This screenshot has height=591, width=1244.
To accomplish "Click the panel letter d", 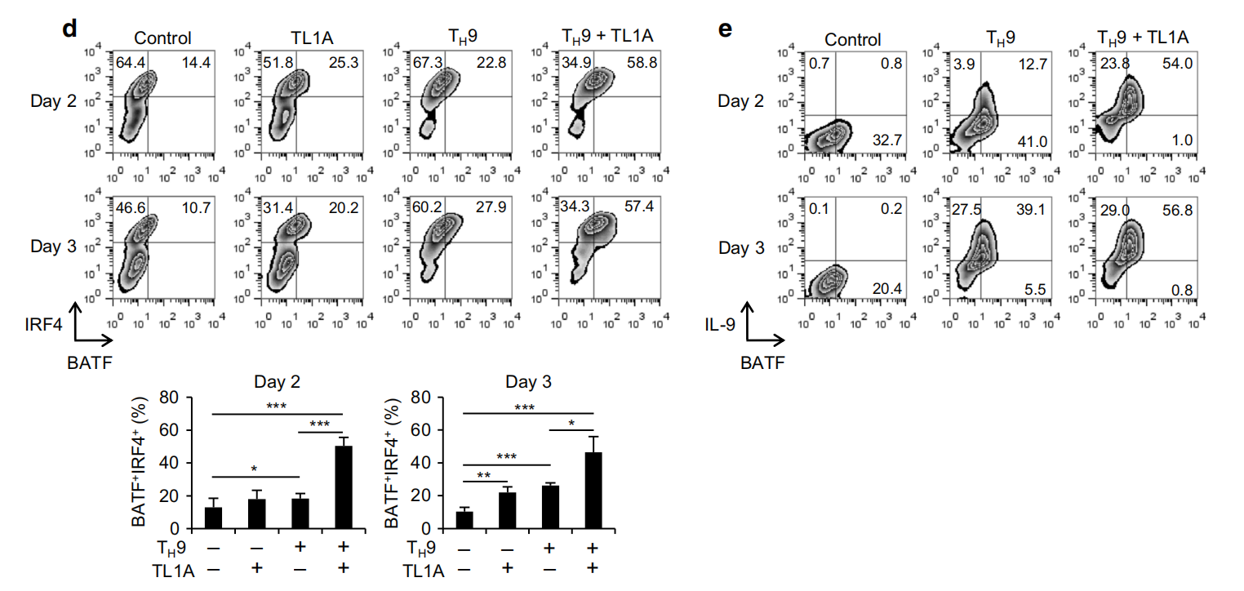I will point(69,29).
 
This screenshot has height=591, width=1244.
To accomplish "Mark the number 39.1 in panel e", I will point(1029,210).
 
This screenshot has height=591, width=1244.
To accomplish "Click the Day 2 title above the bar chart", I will point(277,381).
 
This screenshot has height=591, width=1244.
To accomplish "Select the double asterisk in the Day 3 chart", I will point(483,475).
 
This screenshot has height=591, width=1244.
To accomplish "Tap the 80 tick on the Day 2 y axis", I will point(170,398).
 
